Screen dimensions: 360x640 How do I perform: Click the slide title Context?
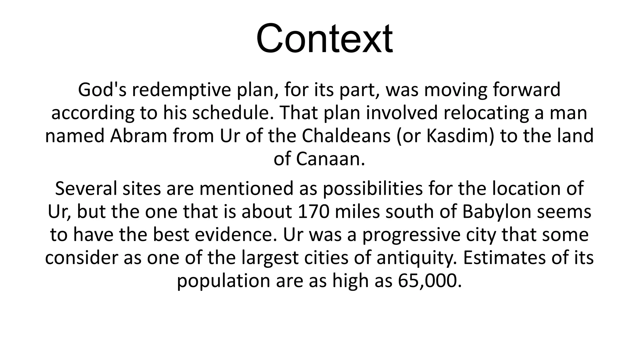324,39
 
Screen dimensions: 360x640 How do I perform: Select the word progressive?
411,235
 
